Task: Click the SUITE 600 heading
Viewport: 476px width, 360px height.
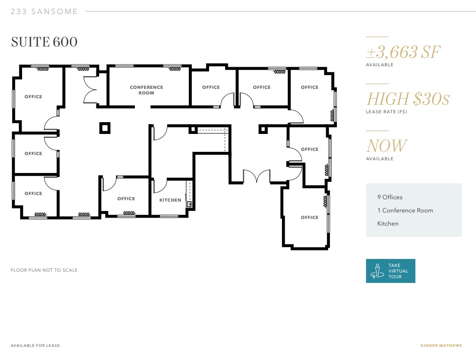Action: point(44,42)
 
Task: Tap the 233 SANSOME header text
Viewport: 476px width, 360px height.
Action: point(44,12)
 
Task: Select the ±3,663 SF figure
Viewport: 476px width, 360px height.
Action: point(403,52)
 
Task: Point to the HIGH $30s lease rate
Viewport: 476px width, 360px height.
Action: point(408,99)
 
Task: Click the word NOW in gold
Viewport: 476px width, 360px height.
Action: point(387,146)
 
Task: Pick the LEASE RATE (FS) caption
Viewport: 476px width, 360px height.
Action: point(386,112)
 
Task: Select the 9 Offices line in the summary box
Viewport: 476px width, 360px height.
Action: point(390,197)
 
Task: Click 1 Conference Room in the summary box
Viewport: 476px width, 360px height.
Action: point(405,211)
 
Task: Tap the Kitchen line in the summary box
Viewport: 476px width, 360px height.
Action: point(388,224)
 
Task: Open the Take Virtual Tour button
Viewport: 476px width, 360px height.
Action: point(390,271)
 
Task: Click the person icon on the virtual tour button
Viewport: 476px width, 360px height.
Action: point(376,271)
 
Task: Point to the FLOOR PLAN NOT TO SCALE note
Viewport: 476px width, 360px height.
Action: point(44,270)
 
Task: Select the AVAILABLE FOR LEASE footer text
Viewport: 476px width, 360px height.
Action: point(35,345)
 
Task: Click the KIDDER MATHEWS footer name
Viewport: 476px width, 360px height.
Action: point(441,345)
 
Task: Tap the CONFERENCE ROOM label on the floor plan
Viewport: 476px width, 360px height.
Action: point(146,90)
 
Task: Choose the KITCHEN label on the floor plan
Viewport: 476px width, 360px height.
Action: point(170,200)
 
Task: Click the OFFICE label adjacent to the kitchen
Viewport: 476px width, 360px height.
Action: point(126,199)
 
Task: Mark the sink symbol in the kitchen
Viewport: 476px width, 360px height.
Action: point(190,204)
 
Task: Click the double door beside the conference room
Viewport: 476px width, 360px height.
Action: point(90,89)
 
